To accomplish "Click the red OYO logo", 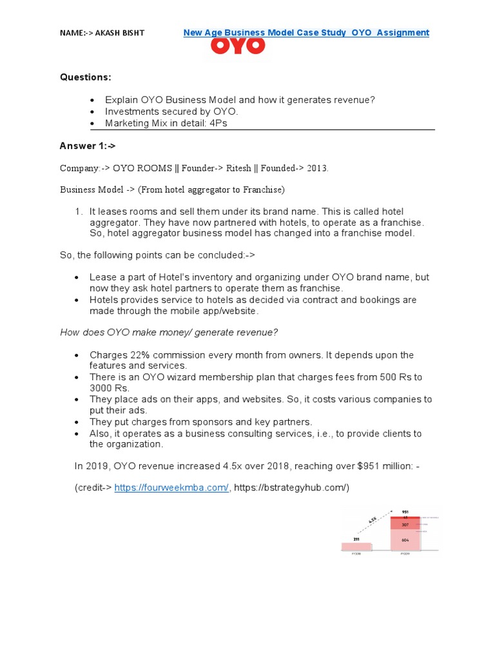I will click(238, 46).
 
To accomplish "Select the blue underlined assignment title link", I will click(306, 32).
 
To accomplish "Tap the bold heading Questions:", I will click(86, 77).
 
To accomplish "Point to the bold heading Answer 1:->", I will click(87, 146).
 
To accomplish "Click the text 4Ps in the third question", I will click(216, 123).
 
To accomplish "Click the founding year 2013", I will click(317, 168).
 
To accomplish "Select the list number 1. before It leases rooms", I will click(79, 211).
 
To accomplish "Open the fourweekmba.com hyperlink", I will click(171, 488).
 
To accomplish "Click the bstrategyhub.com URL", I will click(291, 488).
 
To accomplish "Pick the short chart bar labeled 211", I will click(356, 547).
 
